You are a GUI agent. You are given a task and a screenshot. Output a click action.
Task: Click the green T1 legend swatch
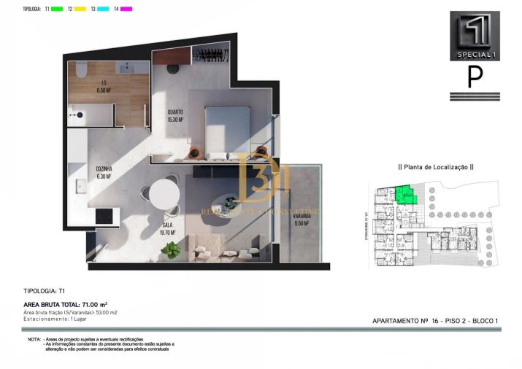pos(57,9)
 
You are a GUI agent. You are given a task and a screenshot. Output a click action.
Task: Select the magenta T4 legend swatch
pos(126,9)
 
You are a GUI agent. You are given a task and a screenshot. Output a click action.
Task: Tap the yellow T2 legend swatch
pos(80,9)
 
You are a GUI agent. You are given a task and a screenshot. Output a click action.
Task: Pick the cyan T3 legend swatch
pos(104,9)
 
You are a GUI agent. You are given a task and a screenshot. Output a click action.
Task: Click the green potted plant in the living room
pos(172,250)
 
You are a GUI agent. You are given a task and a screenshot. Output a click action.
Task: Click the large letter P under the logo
pos(475,77)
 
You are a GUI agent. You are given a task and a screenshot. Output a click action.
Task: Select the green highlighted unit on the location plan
pos(404,194)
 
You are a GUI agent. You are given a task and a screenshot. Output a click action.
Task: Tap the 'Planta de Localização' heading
pos(435,167)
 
